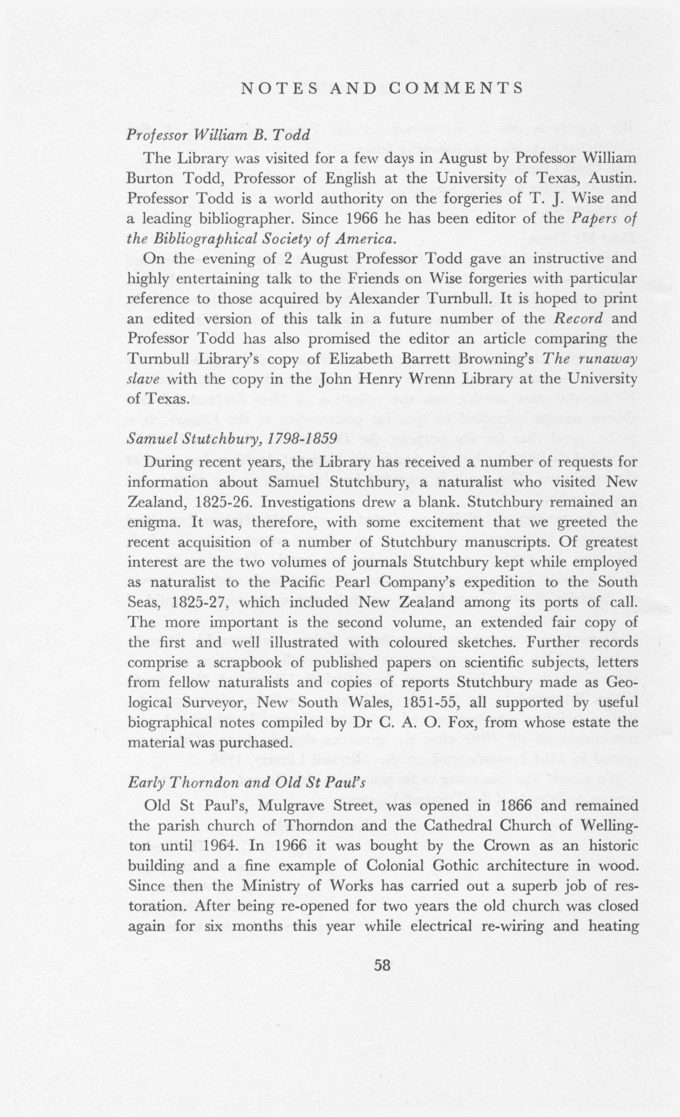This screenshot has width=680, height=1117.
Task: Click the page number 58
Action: click(382, 964)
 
